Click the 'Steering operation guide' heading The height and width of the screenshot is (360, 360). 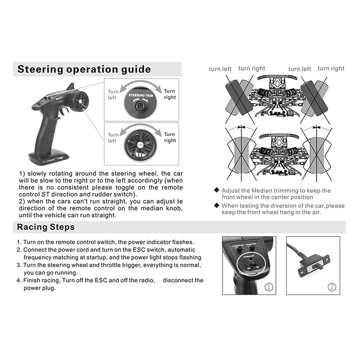84,69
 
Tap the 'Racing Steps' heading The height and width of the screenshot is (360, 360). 46,227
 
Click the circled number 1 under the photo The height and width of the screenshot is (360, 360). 269,287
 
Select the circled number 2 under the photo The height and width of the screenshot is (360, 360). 332,287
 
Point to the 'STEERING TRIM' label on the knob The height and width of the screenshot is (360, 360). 141,95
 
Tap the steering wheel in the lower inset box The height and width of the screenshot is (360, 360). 141,143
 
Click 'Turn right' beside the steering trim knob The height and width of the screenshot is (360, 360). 170,94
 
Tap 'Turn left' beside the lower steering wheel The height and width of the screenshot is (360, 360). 112,138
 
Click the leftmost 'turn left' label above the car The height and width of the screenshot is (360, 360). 220,69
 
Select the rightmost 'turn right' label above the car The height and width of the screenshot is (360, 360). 331,68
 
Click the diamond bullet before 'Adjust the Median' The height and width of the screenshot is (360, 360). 216,190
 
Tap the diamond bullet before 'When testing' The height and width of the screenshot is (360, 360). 216,205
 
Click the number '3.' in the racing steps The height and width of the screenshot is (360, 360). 19,265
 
